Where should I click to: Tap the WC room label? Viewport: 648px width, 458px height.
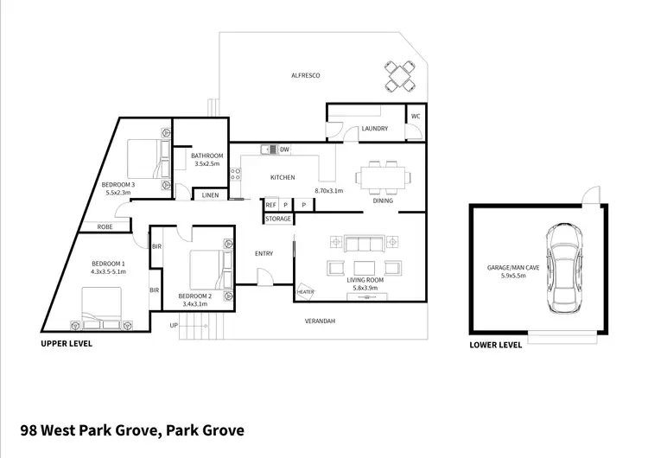[x=416, y=115]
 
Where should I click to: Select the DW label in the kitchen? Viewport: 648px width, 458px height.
[x=284, y=149]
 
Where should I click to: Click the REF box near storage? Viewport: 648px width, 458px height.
[x=270, y=205]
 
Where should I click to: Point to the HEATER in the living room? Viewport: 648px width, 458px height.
[x=305, y=292]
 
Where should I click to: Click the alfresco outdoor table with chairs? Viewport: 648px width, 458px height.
[x=399, y=75]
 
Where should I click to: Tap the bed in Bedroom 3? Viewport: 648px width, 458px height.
[x=144, y=156]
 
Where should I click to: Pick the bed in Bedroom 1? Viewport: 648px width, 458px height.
[x=101, y=309]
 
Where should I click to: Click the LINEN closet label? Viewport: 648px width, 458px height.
[x=210, y=196]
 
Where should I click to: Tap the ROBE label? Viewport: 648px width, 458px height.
[x=105, y=226]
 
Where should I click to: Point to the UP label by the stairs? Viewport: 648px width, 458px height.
[x=174, y=326]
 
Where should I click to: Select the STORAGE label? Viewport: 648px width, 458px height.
[x=278, y=219]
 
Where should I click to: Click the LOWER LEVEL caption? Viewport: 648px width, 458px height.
[x=495, y=345]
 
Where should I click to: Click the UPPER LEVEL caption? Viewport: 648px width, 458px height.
[x=67, y=343]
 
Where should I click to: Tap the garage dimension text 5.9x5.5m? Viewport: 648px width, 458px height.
[x=513, y=277]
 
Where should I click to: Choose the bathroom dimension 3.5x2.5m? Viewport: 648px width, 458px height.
[x=207, y=163]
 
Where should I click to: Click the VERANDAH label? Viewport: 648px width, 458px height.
[x=320, y=321]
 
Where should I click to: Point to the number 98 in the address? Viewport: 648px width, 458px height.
[x=30, y=429]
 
